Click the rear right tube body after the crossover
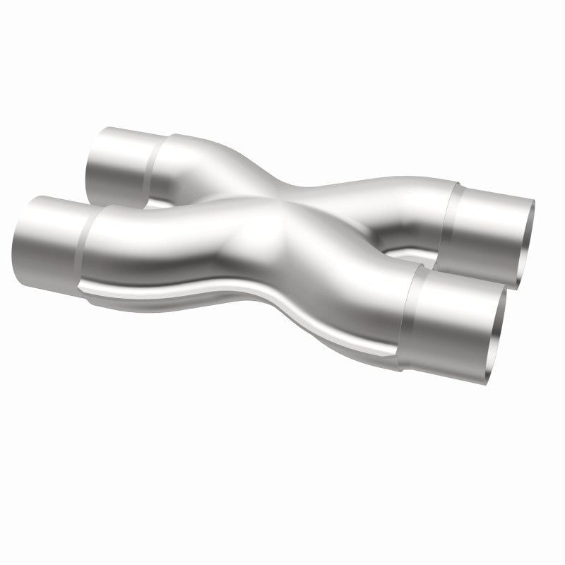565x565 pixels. point(381,212)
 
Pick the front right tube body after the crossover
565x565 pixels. point(353,297)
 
